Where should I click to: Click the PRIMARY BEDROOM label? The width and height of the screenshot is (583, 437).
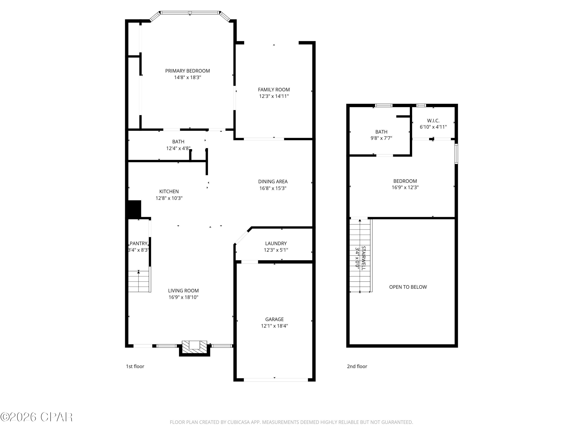[187, 71]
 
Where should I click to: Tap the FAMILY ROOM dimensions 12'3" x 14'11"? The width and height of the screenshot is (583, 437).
[274, 96]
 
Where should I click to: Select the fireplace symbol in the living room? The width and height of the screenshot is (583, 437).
[195, 347]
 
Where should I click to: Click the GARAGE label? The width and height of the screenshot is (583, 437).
[274, 319]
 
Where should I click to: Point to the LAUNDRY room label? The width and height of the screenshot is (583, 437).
[276, 243]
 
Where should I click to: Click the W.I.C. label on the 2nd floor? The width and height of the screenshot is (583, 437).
[433, 121]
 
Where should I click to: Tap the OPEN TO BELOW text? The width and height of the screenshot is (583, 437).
[408, 287]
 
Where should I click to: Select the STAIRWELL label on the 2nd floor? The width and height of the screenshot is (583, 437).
[363, 258]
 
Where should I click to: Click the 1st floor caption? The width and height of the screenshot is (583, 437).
[135, 366]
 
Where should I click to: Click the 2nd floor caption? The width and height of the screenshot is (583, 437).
[357, 366]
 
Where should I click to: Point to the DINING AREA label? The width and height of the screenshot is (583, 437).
[273, 181]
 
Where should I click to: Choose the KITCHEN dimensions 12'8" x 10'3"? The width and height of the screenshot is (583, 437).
[169, 198]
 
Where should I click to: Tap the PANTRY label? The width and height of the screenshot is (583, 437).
[139, 243]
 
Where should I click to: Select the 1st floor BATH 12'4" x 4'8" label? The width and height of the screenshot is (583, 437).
[178, 145]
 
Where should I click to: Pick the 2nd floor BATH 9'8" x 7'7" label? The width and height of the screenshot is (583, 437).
[381, 135]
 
